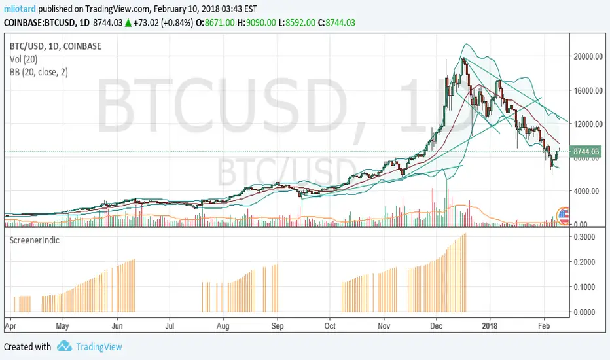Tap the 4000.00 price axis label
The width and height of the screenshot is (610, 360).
(587, 191)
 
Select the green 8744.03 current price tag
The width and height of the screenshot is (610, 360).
(586, 152)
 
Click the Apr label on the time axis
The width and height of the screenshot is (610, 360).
(10, 324)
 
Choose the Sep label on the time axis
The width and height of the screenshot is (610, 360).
(278, 324)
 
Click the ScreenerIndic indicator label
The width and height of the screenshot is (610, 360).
(34, 240)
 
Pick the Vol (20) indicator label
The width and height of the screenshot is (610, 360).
(23, 60)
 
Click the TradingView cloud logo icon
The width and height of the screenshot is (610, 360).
(63, 346)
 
